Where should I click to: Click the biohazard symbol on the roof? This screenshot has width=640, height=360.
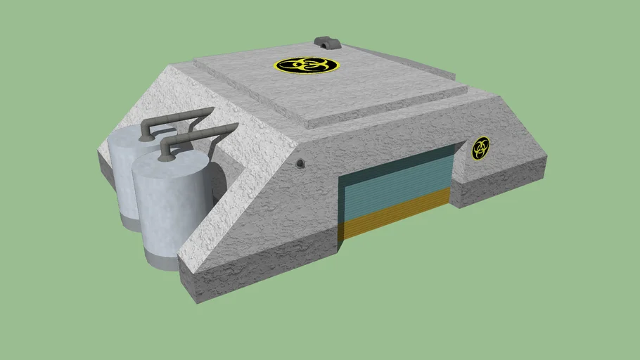tap(306, 65)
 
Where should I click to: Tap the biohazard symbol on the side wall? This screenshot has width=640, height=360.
tap(481, 148)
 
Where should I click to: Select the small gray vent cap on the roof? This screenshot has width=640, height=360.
tap(326, 43)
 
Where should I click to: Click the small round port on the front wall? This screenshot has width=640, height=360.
tap(300, 164)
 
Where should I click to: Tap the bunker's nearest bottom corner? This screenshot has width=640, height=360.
tap(196, 301)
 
